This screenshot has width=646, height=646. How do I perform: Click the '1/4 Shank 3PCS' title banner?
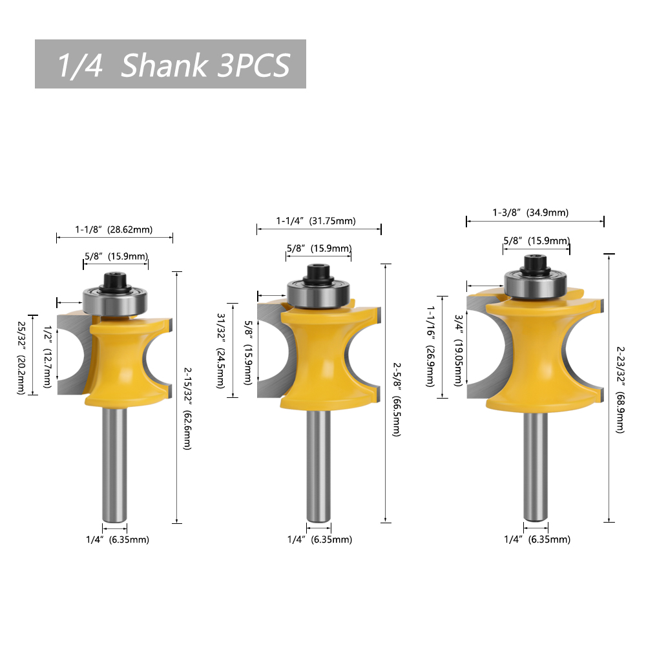[170, 64]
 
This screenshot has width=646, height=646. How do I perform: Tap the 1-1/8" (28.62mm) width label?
[114, 229]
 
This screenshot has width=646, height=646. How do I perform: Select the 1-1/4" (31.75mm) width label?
[316, 221]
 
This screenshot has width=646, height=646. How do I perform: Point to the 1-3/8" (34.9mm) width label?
[530, 213]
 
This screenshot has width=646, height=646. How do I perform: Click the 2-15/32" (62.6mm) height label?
[187, 409]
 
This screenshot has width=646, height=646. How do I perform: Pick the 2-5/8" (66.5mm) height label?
[397, 399]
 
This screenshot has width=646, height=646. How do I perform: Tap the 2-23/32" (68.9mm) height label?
[620, 390]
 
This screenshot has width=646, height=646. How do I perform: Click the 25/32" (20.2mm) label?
[21, 358]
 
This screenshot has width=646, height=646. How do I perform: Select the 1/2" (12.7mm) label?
[47, 357]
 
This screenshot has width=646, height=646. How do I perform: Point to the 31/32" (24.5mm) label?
[221, 351]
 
